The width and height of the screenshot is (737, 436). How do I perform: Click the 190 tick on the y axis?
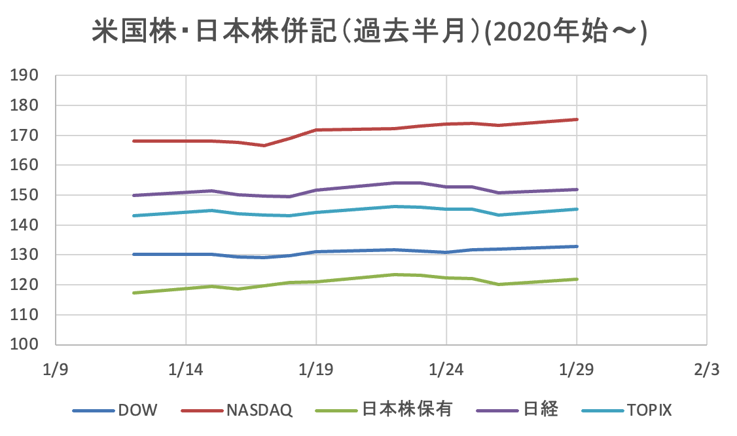click(x=26, y=75)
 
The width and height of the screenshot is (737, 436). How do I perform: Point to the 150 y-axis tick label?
click(x=26, y=195)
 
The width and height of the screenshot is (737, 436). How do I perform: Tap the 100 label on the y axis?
click(x=26, y=344)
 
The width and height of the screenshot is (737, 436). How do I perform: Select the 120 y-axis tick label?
click(x=26, y=285)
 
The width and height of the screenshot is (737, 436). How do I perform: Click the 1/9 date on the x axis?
click(x=56, y=370)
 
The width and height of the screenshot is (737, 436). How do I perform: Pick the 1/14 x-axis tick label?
click(x=186, y=370)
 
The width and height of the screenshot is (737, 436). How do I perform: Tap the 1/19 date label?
click(x=316, y=370)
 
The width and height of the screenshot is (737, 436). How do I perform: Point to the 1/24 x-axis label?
click(x=446, y=370)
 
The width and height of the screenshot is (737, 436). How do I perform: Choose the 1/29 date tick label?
click(x=576, y=370)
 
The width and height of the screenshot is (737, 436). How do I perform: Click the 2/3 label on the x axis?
click(x=706, y=370)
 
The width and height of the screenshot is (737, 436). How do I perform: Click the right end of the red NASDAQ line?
click(x=577, y=119)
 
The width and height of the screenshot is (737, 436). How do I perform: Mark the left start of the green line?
click(x=134, y=293)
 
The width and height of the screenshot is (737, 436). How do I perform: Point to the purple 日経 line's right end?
click(x=577, y=189)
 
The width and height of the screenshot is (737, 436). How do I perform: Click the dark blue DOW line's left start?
click(x=134, y=254)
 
